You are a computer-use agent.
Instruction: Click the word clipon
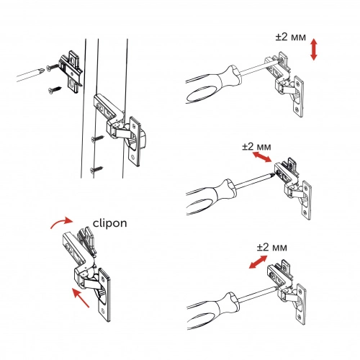109,223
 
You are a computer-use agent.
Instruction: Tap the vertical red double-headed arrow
314,50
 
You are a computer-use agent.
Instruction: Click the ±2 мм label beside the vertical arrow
291,37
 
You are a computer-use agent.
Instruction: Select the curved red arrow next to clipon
61,222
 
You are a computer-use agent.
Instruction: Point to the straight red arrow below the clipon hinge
81,298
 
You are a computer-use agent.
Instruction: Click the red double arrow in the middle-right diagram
262,156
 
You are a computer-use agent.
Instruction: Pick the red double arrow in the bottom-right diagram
258,262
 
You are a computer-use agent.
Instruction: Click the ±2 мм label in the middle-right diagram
256,146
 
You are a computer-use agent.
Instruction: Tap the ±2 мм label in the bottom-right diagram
271,247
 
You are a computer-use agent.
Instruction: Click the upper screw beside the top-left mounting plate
53,67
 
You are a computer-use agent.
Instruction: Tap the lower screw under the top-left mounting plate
55,90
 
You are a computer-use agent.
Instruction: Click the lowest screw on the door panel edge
96,170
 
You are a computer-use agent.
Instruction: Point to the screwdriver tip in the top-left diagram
43,71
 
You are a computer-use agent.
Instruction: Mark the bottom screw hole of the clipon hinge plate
103,311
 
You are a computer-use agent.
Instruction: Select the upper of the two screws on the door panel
98,138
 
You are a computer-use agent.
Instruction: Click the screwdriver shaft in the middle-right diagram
253,180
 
